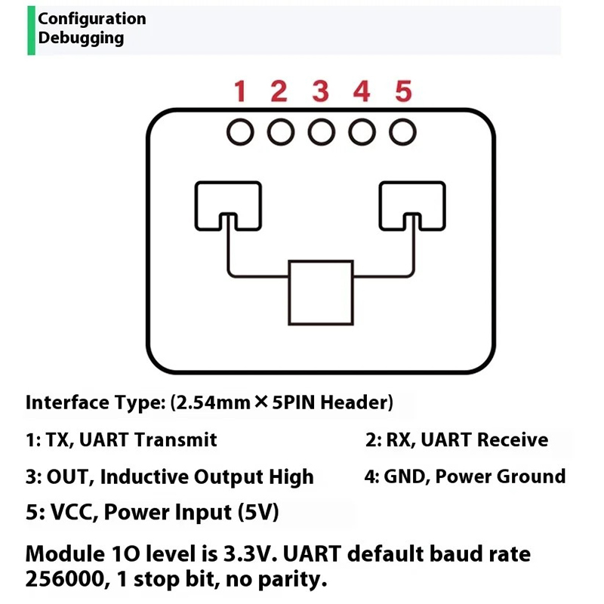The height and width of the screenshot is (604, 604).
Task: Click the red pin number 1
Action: coord(240,92)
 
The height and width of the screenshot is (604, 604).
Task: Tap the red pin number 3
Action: coord(321,92)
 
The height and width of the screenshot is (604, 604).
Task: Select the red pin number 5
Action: coord(403,92)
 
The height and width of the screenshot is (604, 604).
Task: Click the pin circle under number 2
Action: coord(281,133)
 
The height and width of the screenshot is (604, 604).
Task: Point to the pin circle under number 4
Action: coord(362,133)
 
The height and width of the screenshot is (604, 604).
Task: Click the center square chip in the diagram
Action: coord(321,293)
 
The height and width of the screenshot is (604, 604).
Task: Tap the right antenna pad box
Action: coord(412,205)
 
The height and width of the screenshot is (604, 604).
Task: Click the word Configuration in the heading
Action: coord(92,19)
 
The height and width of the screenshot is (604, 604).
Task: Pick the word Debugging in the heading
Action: coord(82,38)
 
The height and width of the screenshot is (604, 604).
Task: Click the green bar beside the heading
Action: coord(31,30)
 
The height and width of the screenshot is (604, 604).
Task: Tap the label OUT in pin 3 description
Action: coord(68,477)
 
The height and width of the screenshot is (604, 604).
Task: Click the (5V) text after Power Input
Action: coord(258,513)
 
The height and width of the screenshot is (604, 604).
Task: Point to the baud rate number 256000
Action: coord(67,580)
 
